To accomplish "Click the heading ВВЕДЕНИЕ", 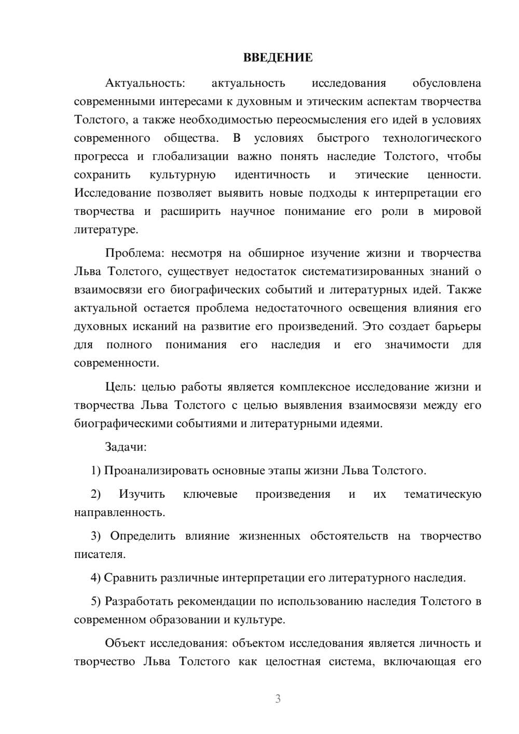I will click(x=278, y=58).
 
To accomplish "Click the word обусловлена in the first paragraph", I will click(x=446, y=83).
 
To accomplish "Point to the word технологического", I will click(x=431, y=138).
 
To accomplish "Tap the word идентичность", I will click(x=272, y=174).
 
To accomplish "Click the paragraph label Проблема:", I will click(x=134, y=253).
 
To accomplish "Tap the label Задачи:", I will click(x=126, y=447).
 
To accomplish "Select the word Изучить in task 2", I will click(x=142, y=494).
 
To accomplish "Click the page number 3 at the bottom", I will click(x=278, y=699).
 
